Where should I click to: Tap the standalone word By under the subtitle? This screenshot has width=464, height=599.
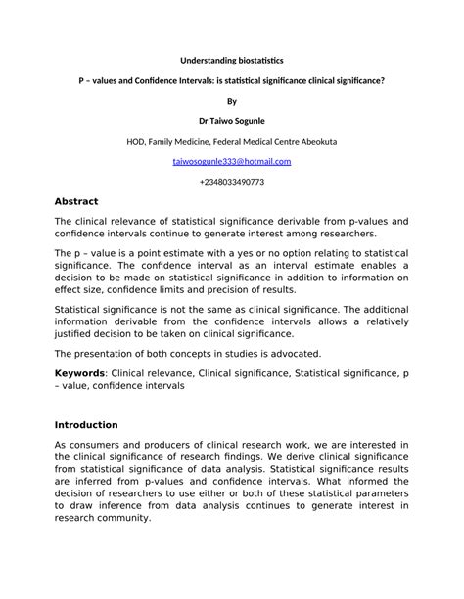click(231, 101)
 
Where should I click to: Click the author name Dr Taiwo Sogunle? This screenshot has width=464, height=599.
click(231, 121)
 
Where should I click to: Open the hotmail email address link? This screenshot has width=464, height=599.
click(231, 162)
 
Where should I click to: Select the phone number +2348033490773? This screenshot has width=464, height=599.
click(231, 182)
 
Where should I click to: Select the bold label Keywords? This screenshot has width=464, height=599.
click(80, 374)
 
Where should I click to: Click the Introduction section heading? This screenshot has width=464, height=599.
click(86, 425)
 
